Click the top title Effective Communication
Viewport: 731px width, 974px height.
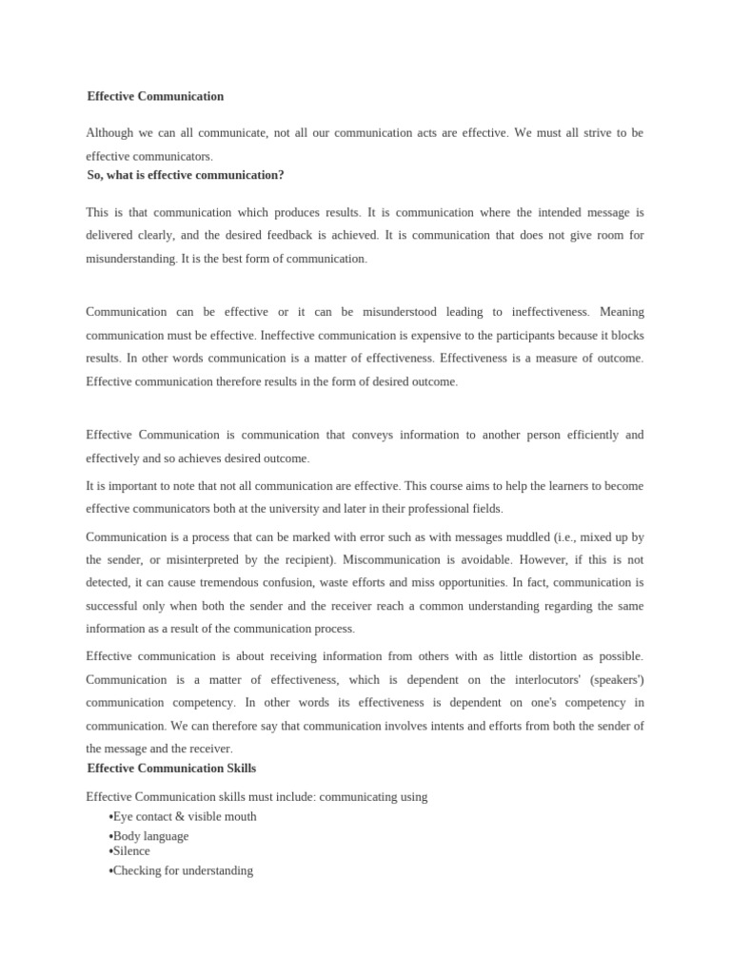[x=155, y=96]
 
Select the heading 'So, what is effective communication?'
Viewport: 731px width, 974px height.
[x=185, y=175]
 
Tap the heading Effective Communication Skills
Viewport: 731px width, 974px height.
[x=171, y=768]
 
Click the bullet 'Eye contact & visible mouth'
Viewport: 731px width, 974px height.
[x=185, y=816]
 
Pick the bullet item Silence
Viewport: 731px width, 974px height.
[x=131, y=851]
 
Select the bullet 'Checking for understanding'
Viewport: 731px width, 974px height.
[x=183, y=870]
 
